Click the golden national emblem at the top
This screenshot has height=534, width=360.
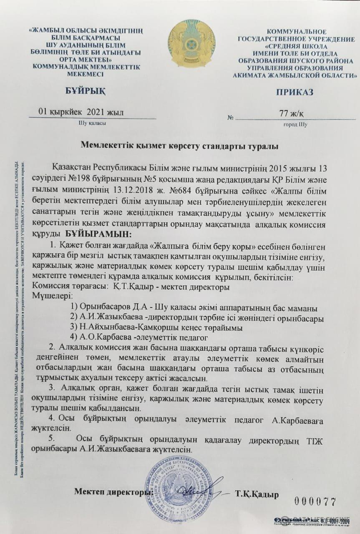coord(191,43)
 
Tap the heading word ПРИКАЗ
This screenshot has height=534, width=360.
coord(295,92)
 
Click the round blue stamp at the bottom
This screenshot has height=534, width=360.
coord(179,489)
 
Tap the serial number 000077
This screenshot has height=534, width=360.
coord(315,501)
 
